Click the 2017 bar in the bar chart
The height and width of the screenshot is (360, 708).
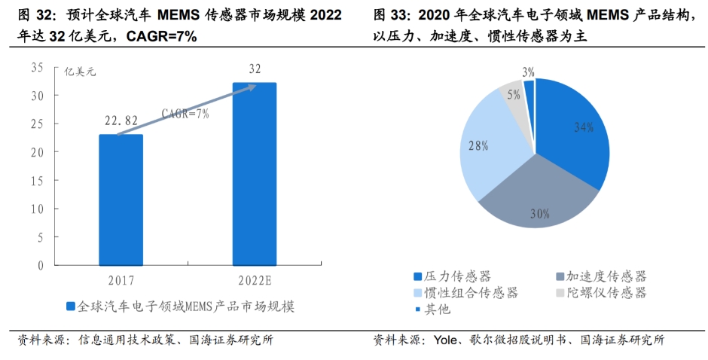121,200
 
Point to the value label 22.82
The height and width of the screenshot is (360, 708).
121,121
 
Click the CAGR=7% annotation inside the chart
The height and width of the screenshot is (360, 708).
185,114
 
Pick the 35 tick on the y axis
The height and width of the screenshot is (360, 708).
37,68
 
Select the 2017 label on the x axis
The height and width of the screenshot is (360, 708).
121,279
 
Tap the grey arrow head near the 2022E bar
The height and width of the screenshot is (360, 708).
249,87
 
